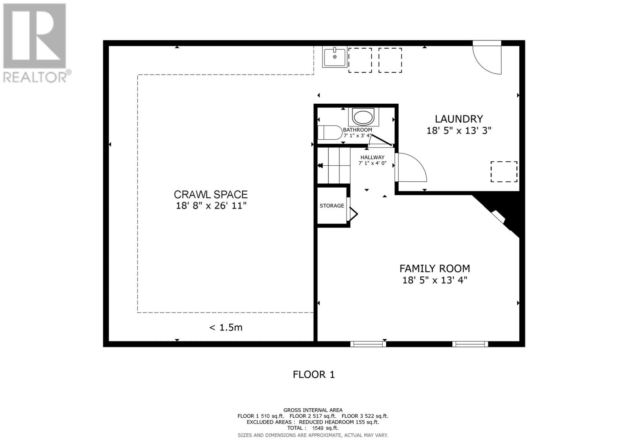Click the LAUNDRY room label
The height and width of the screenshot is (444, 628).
point(458,119)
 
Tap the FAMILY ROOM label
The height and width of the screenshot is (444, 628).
point(434,269)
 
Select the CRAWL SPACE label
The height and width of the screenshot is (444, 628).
point(211,194)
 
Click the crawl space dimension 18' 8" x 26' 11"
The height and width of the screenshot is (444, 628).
point(211,206)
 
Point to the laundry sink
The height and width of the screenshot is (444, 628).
point(334,57)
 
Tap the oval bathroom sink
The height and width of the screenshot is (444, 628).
point(363,117)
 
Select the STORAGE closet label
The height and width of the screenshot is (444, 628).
point(332,206)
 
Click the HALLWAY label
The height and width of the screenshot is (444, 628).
point(372,157)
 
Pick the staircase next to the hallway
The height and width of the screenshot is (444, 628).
point(334,165)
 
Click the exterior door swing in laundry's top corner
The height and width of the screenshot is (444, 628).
point(488,58)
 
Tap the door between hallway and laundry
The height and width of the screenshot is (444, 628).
point(410,168)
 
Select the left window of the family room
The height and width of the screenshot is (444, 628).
point(368,344)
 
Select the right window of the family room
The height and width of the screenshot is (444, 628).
point(470,344)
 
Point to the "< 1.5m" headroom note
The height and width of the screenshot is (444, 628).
point(226,327)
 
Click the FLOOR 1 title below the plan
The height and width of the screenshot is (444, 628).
point(314,375)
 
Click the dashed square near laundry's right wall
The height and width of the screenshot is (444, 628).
point(504,172)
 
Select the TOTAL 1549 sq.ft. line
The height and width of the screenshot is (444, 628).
point(312,428)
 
